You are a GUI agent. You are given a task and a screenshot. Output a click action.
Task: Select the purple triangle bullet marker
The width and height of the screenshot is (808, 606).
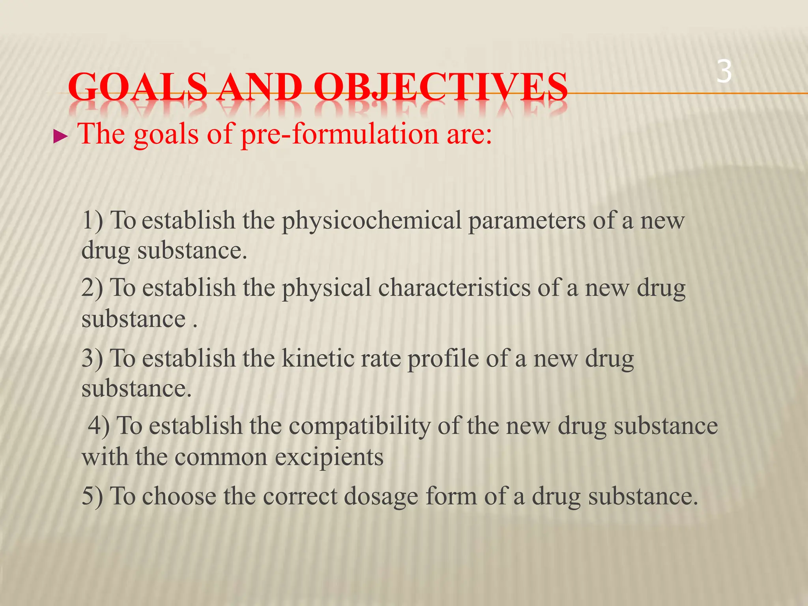[x=60, y=137]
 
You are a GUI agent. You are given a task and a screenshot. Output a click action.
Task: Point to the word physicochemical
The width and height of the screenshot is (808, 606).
[x=371, y=221]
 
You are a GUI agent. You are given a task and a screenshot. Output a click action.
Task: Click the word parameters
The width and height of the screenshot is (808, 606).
[x=527, y=221]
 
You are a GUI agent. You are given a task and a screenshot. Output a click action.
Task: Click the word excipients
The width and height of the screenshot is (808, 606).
[x=329, y=458]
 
